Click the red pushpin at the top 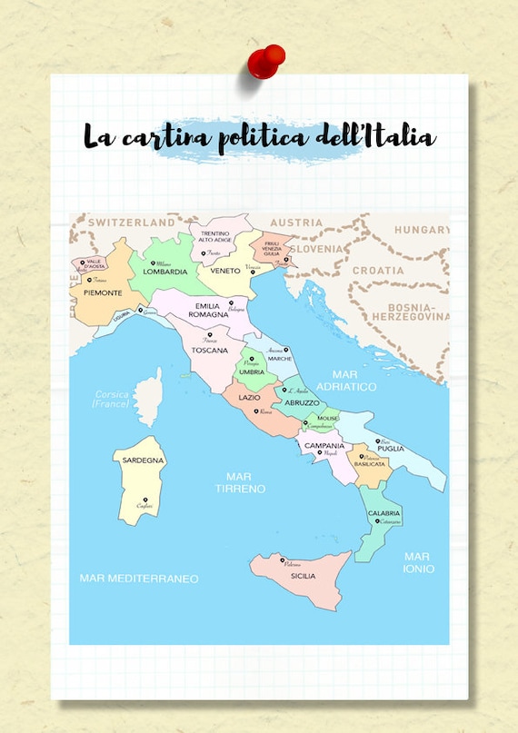tap(266, 60)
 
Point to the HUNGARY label tap(420, 230)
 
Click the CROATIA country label tap(378, 271)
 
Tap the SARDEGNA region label tap(144, 461)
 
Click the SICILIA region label tap(303, 576)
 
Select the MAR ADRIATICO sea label tap(354, 380)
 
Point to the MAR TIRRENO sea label tap(240, 482)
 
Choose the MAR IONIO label tap(419, 562)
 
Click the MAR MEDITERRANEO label tap(139, 578)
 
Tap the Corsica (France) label tap(113, 399)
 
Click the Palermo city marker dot tap(283, 560)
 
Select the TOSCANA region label tap(210, 350)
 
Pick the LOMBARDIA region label tap(166, 272)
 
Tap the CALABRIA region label tap(384, 513)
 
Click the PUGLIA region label tap(391, 448)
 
